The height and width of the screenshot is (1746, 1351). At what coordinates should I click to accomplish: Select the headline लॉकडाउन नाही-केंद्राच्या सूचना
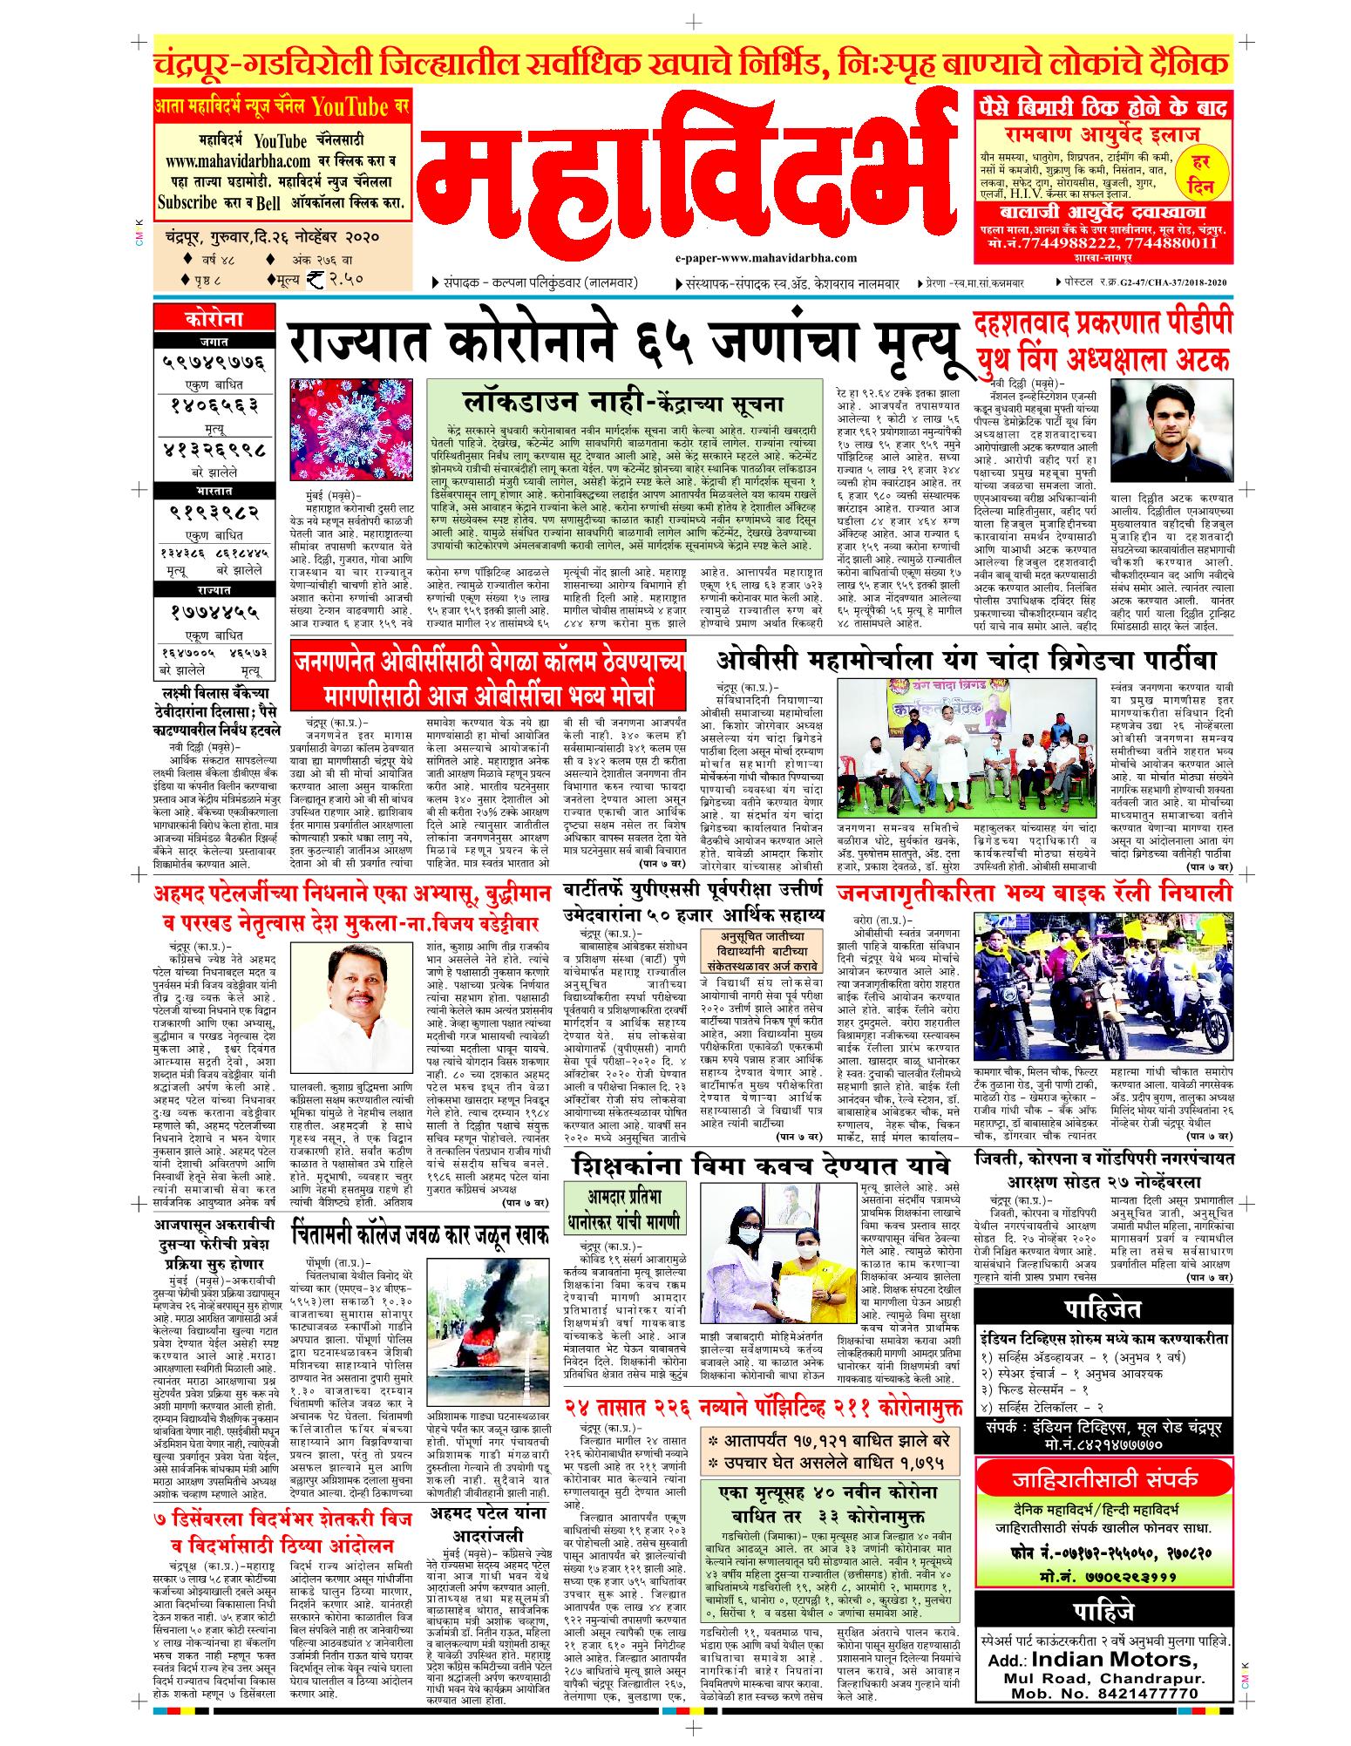point(624,403)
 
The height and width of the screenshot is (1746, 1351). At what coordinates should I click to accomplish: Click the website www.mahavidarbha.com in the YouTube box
point(234,161)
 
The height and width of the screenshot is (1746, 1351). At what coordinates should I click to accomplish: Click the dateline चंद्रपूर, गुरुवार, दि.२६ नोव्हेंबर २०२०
point(267,237)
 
